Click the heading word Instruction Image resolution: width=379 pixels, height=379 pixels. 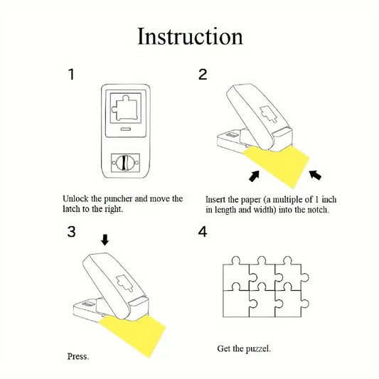point(189,36)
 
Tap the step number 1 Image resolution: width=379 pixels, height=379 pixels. point(71,74)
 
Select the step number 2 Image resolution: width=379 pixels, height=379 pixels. point(203,74)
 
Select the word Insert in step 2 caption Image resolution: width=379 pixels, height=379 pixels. point(218,200)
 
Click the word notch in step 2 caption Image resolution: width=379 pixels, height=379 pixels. point(314,210)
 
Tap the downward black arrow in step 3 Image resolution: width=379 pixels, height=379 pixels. point(105,240)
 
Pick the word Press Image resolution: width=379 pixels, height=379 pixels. point(78,356)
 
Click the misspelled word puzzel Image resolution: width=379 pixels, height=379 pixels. point(256,349)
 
